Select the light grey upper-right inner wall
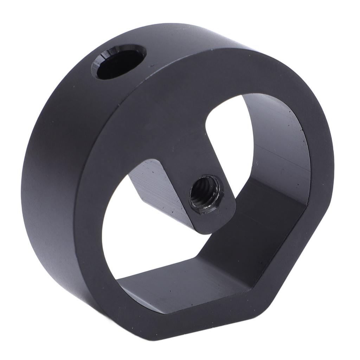coord(278,148)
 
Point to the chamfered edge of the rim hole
coord(105,56)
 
